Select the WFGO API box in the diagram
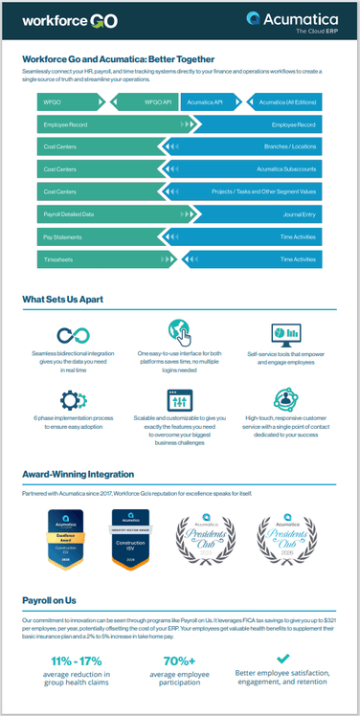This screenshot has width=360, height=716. [158, 101]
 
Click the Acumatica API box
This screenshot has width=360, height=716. [205, 101]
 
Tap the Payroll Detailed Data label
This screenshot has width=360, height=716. [68, 213]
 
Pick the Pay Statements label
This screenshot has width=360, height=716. [60, 235]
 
